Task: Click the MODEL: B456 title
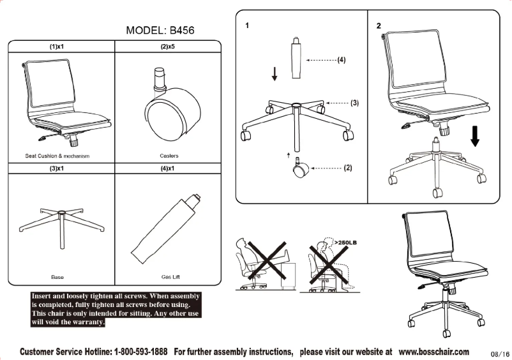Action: [160, 30]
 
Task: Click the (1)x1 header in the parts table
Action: [60, 47]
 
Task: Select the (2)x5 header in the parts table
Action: [169, 47]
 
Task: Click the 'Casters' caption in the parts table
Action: [169, 156]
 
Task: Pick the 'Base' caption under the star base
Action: [57, 277]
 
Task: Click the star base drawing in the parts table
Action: [60, 223]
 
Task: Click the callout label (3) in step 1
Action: [354, 102]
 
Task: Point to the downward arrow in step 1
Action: [275, 74]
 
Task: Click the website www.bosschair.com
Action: [433, 352]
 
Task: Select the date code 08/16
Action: [500, 354]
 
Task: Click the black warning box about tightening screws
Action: [116, 310]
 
